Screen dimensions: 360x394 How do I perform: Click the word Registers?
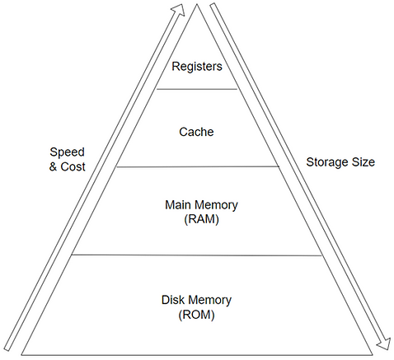click(x=196, y=66)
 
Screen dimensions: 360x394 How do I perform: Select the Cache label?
click(x=196, y=130)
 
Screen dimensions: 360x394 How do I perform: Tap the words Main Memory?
click(x=196, y=205)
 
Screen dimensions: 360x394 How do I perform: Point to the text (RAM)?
click(x=196, y=220)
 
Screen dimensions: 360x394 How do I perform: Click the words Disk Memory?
click(x=198, y=300)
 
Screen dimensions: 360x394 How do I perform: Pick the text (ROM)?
click(x=198, y=315)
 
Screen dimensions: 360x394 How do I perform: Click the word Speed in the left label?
click(x=66, y=152)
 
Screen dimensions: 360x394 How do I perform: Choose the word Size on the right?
click(x=362, y=162)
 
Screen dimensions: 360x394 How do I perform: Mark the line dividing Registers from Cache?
click(x=197, y=88)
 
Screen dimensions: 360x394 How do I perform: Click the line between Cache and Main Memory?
click(x=197, y=166)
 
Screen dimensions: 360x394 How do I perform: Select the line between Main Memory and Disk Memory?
click(x=197, y=255)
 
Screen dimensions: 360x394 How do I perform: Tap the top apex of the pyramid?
click(x=197, y=4)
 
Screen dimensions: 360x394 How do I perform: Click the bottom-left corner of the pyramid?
click(x=21, y=354)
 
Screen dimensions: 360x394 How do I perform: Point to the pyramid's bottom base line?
click(x=197, y=354)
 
